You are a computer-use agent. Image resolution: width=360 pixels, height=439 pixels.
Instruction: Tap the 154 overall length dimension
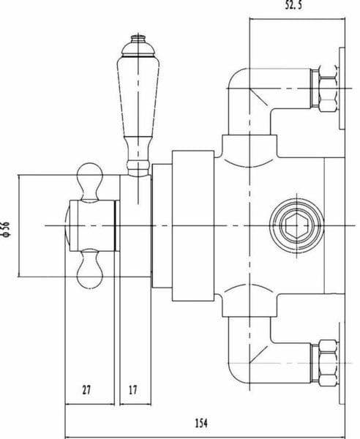click(x=203, y=422)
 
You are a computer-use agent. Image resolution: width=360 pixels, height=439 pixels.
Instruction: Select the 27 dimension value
click(x=86, y=390)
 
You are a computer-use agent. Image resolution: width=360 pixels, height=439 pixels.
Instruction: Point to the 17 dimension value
click(x=132, y=390)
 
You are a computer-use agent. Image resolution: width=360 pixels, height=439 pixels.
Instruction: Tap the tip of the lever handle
click(x=134, y=37)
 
